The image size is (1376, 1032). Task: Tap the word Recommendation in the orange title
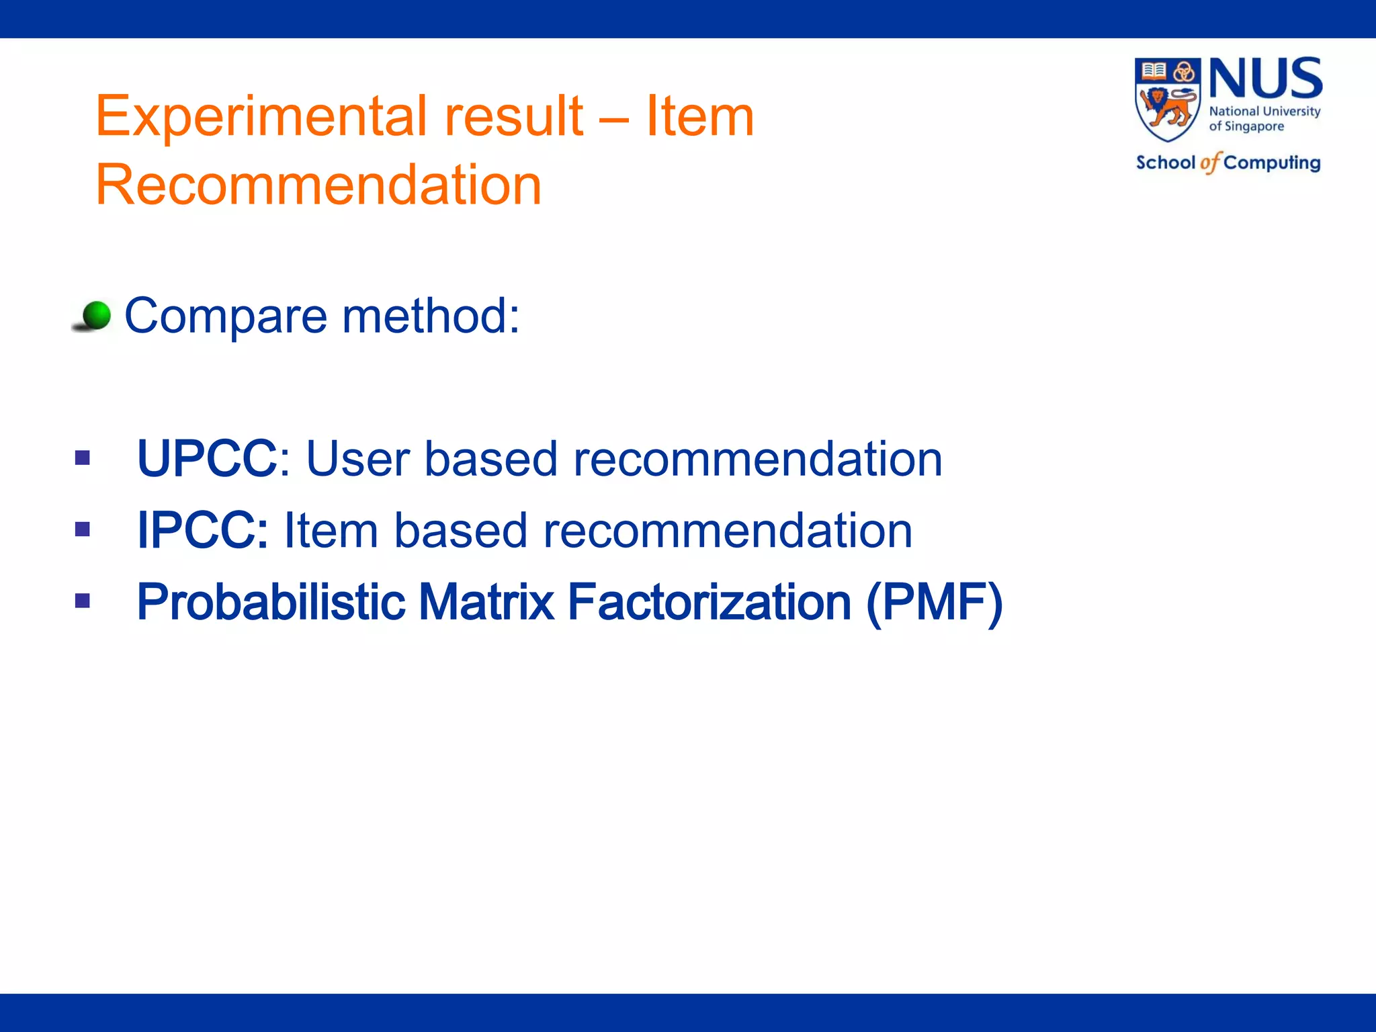pos(318,185)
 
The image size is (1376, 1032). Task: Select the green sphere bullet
pos(96,315)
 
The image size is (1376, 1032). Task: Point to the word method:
pos(431,316)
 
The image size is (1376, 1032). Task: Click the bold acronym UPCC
pos(207,459)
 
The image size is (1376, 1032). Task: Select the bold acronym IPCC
pos(202,531)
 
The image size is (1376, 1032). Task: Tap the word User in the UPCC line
pos(357,459)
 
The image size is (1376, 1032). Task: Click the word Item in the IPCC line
pos(331,531)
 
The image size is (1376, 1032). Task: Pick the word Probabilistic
pos(271,602)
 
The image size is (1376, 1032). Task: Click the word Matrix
pos(486,602)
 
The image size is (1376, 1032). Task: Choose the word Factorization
pos(709,602)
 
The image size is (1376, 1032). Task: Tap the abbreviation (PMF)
pos(935,602)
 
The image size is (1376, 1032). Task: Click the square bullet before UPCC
pos(83,458)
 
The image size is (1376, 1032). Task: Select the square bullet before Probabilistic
pos(83,601)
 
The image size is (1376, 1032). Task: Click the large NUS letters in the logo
pos(1265,79)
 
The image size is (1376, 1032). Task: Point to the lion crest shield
pos(1167,99)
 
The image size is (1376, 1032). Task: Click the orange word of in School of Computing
pos(1209,163)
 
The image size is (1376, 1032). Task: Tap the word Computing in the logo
pos(1272,163)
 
